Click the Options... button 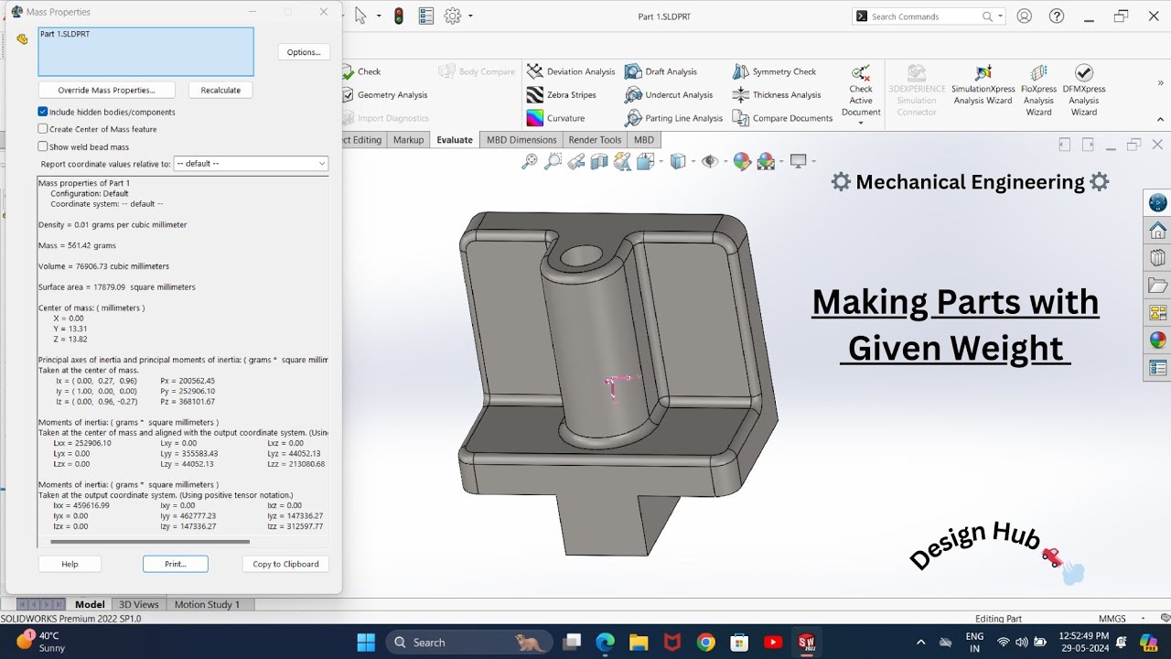(304, 52)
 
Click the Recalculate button (220, 90)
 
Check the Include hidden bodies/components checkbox (43, 112)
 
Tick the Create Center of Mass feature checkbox (43, 129)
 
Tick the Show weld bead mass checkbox (43, 146)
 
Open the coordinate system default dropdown (251, 164)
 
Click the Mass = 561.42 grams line (77, 245)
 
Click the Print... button (175, 564)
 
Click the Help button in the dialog (70, 564)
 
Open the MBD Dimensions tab (521, 140)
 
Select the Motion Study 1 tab (207, 604)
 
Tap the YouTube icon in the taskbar (773, 643)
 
